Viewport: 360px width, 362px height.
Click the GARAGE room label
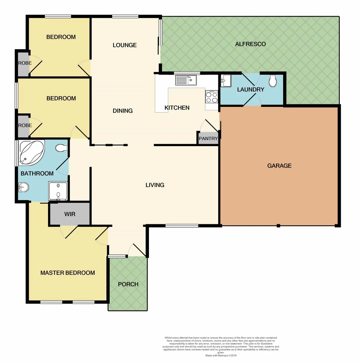(x=279, y=166)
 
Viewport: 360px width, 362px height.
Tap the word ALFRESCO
(x=250, y=44)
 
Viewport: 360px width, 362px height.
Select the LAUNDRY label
(x=251, y=89)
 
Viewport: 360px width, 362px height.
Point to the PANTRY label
(x=208, y=138)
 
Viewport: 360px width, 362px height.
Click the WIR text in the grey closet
(x=70, y=214)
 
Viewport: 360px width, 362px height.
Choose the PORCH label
(x=128, y=284)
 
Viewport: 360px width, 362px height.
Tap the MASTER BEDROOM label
(x=67, y=273)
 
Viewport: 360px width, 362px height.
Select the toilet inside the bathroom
(x=61, y=148)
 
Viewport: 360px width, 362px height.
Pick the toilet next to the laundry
(x=273, y=80)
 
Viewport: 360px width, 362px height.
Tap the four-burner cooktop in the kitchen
(x=212, y=97)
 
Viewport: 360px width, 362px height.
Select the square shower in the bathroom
(x=58, y=191)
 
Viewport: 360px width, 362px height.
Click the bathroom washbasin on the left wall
(x=23, y=188)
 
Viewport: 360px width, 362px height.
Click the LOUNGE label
(x=124, y=45)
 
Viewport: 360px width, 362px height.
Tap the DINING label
(x=123, y=111)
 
